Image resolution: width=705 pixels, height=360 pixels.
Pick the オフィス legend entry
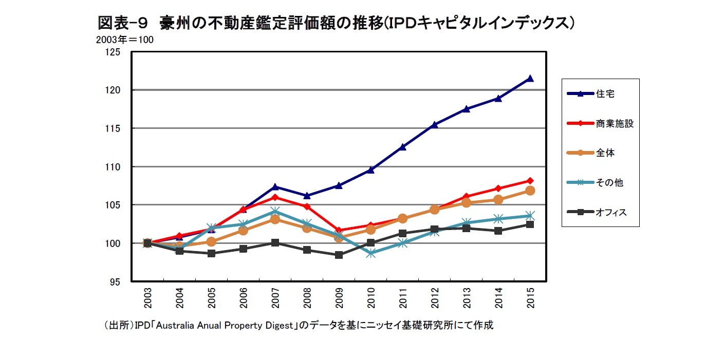tap(611, 212)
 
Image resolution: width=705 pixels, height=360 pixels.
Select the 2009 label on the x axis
tap(339, 298)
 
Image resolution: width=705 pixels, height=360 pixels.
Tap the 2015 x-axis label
tap(530, 298)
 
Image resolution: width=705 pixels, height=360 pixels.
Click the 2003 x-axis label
tap(147, 298)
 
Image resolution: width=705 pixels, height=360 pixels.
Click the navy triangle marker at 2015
tap(530, 79)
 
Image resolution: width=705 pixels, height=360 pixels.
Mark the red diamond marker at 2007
tap(275, 197)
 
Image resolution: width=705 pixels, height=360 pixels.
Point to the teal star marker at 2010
tap(371, 253)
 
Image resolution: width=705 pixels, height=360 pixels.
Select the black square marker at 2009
tap(339, 255)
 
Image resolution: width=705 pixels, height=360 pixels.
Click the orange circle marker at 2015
tap(530, 191)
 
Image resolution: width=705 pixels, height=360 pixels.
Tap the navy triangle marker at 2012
tap(435, 124)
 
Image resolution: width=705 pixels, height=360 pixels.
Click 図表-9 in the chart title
tap(123, 23)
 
